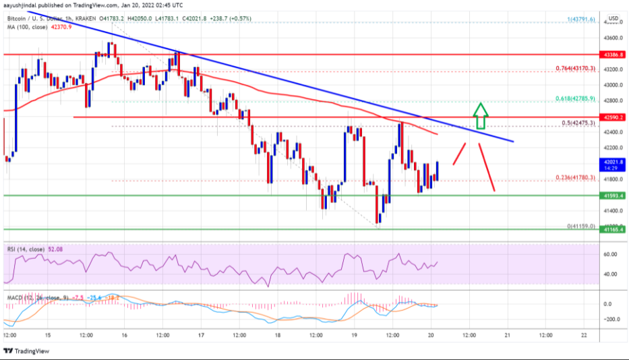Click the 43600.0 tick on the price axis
[x=612, y=38]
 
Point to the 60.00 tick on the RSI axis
[x=611, y=254]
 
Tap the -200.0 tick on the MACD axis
[x=611, y=319]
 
